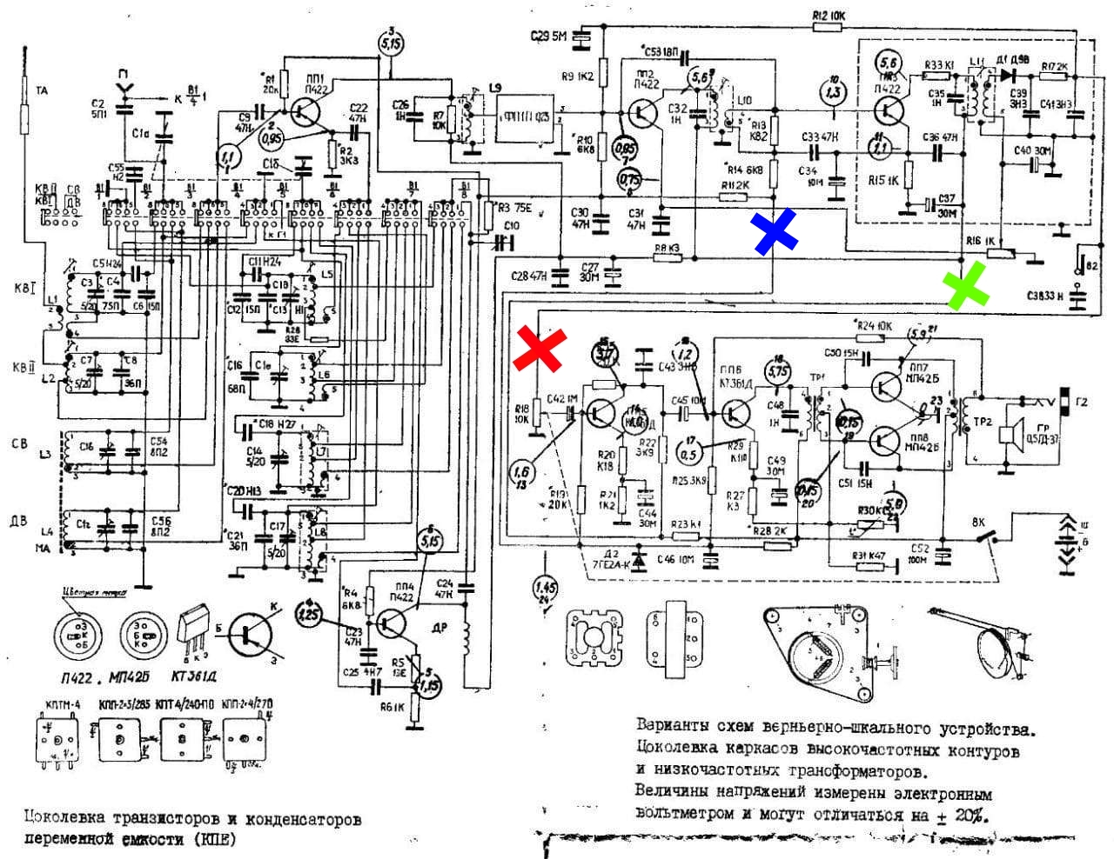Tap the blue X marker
pos(775,231)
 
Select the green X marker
pos(966,284)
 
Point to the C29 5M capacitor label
pos(549,36)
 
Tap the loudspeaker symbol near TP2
pos(1010,435)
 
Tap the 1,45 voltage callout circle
pos(546,586)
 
